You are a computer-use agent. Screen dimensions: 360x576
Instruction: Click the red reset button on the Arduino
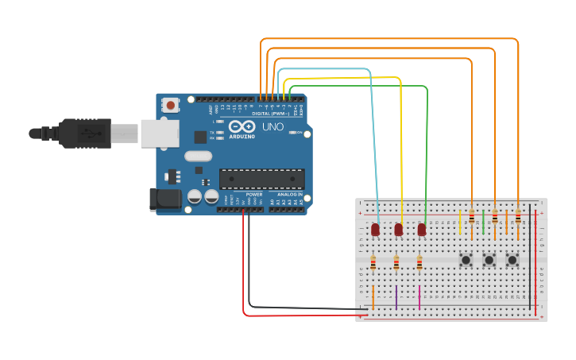(x=171, y=104)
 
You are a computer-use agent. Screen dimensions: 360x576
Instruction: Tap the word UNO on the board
(x=273, y=127)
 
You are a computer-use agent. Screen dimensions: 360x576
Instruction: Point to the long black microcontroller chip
(x=261, y=179)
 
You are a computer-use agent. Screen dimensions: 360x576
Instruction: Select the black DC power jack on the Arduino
(x=164, y=199)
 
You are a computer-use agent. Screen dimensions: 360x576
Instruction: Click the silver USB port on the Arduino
(x=160, y=134)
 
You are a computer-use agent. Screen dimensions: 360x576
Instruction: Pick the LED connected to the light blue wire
(x=375, y=230)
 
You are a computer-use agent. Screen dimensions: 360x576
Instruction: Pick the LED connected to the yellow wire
(x=399, y=230)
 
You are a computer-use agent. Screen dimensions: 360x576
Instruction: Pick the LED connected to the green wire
(x=422, y=230)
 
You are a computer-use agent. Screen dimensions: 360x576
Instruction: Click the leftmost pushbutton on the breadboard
(x=466, y=260)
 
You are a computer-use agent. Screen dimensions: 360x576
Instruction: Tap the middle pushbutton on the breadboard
(x=489, y=260)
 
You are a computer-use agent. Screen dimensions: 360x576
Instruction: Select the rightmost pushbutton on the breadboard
(x=512, y=260)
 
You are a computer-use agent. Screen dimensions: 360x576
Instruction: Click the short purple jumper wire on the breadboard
(x=396, y=297)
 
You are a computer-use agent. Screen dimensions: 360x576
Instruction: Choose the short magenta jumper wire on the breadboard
(x=419, y=297)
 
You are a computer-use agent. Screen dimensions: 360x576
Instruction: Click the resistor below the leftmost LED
(x=373, y=262)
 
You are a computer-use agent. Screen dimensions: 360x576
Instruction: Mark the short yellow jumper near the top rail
(x=459, y=222)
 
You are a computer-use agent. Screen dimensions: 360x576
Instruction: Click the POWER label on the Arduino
(x=254, y=194)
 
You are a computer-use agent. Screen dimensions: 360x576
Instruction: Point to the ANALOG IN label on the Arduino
(x=290, y=194)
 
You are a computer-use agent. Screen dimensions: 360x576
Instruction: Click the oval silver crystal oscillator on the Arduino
(x=199, y=156)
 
